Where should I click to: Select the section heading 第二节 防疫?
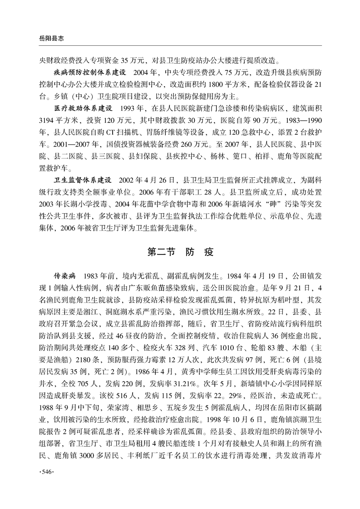(180, 252)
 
